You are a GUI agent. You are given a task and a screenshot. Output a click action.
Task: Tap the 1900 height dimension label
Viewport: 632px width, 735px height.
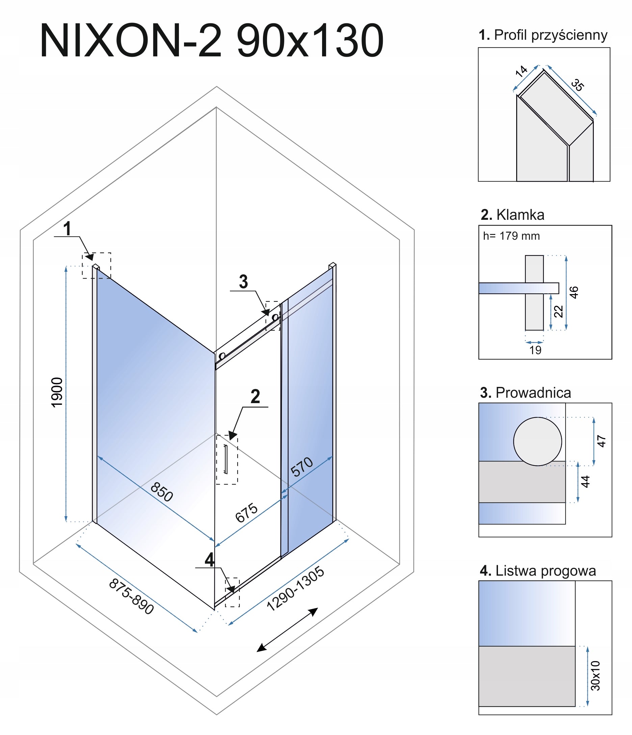click(57, 392)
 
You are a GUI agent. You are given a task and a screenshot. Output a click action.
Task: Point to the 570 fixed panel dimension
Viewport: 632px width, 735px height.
click(302, 467)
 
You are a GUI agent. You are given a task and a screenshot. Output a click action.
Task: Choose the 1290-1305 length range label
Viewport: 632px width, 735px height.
click(295, 589)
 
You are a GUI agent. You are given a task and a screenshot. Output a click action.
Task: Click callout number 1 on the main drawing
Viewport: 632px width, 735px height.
click(67, 229)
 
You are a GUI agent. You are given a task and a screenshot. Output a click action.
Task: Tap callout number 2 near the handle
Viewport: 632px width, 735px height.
click(255, 396)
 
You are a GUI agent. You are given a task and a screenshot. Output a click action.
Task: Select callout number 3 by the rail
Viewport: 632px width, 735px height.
click(243, 282)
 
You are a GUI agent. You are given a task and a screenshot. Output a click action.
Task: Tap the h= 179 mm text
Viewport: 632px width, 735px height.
click(511, 236)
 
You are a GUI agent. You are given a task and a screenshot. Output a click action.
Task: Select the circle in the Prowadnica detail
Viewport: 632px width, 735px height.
click(538, 441)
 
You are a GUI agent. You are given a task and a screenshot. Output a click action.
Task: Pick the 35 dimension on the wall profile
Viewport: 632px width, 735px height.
click(577, 85)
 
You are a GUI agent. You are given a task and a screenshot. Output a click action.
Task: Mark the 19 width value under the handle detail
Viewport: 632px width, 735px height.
click(535, 350)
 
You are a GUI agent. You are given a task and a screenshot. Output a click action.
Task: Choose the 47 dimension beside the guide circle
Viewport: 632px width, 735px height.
click(602, 441)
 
